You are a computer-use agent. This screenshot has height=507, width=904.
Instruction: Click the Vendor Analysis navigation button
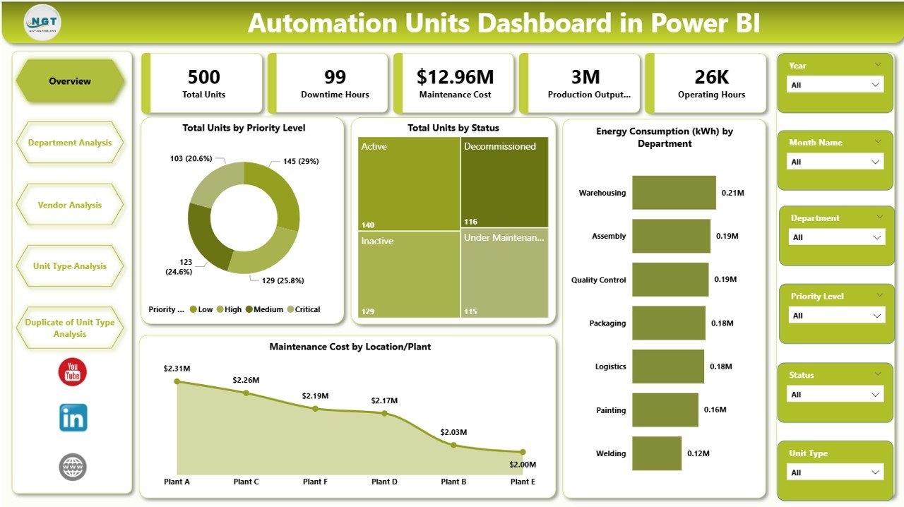[x=70, y=205]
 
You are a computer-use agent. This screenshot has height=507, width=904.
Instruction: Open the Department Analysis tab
[x=70, y=143]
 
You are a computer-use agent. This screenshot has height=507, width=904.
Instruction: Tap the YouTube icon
[x=73, y=372]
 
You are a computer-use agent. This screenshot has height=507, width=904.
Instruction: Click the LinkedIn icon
[x=73, y=418]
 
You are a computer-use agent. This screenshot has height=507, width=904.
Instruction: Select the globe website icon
[x=73, y=467]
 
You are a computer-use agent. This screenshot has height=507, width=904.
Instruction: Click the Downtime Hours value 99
[x=335, y=77]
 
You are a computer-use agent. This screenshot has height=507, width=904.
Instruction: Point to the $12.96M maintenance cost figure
[x=455, y=77]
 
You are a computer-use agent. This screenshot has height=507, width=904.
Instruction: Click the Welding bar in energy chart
[x=657, y=453]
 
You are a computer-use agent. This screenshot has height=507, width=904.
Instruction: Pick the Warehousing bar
[x=674, y=193]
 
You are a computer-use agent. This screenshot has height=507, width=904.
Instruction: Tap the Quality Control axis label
[x=598, y=280]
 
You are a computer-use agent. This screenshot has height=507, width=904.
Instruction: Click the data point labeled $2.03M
[x=453, y=445]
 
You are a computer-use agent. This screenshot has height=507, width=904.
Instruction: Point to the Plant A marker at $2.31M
[x=177, y=381]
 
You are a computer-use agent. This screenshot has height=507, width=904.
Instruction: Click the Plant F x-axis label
[x=315, y=482]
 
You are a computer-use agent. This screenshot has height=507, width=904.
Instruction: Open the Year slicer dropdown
[x=835, y=85]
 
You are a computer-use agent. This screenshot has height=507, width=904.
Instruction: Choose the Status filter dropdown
[x=835, y=395]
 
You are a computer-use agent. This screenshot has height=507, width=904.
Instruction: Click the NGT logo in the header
[x=42, y=23]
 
